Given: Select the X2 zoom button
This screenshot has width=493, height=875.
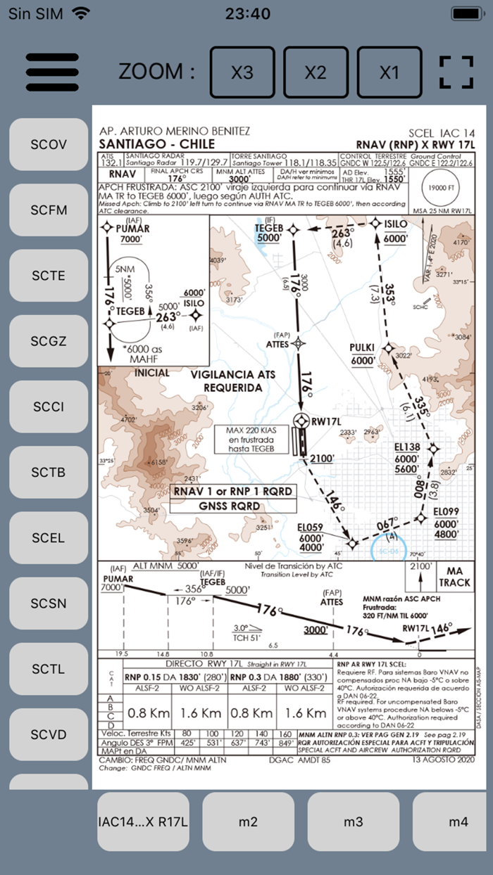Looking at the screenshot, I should (315, 72).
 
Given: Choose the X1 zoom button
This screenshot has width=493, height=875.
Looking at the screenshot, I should (389, 72).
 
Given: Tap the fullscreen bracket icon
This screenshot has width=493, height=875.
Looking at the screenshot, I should (456, 72).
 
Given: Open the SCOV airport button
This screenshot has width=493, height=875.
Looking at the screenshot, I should (48, 144).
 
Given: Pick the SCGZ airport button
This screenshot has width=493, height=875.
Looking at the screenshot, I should (48, 341).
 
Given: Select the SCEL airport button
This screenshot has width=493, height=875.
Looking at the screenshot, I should (48, 537).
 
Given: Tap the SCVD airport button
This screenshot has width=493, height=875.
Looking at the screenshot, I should (48, 734).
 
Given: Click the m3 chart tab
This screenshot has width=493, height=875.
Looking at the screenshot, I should (354, 821).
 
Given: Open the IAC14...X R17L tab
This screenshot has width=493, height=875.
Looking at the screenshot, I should (143, 821).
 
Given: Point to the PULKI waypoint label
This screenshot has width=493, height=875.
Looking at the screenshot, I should (362, 347).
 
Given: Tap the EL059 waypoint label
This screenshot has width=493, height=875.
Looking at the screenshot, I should (310, 527).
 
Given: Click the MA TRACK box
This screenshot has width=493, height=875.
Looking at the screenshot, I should (454, 577).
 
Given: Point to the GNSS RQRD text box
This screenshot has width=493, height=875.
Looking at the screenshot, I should (234, 504).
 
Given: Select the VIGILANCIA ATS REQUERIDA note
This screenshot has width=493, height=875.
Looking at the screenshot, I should (233, 381).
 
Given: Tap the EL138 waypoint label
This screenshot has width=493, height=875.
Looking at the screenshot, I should (407, 447).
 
